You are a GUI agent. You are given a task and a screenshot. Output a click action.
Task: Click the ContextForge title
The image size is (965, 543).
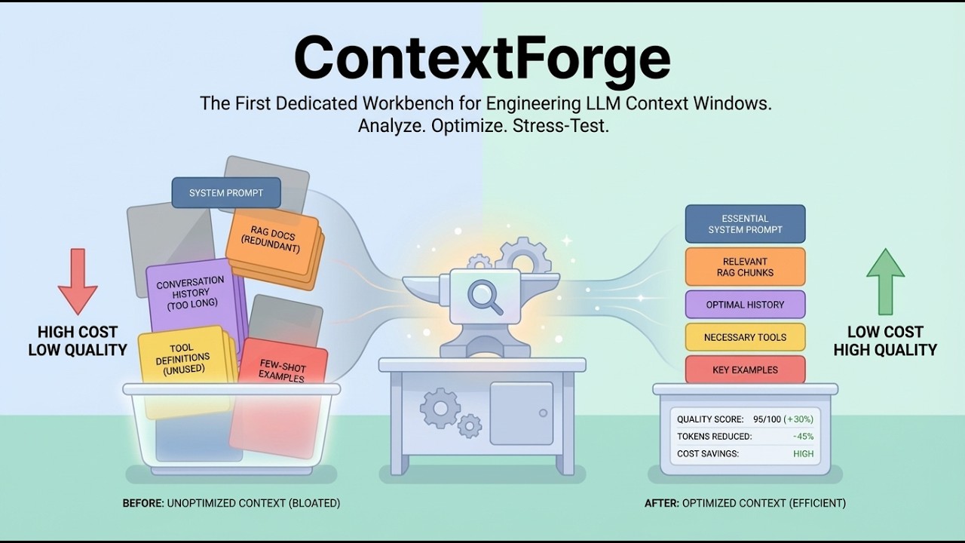482,59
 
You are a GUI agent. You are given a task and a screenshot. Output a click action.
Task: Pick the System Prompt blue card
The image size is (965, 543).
226,193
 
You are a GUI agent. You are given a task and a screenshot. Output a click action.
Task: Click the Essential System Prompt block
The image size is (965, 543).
745,224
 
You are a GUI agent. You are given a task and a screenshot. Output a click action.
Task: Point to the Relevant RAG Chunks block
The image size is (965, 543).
745,267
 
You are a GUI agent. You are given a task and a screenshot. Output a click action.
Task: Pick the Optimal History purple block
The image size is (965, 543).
745,305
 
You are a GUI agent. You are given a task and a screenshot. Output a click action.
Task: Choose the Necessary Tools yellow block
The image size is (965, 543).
745,337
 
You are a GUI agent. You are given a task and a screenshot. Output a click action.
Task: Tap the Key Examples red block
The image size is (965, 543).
745,370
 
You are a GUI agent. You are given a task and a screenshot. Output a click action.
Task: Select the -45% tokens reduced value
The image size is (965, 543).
802,437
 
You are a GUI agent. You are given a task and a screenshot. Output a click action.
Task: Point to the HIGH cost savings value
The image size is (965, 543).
803,454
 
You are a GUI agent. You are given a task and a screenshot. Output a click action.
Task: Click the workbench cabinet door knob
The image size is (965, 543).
543,413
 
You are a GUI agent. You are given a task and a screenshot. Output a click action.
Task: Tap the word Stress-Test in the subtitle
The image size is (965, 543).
560,126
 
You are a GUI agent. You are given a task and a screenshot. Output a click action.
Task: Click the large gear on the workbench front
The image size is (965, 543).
440,408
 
